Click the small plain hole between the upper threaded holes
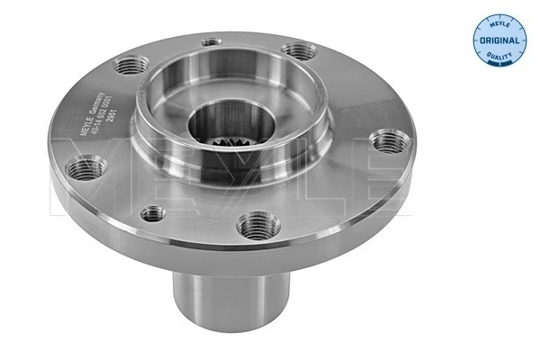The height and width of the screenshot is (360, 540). [211, 40]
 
